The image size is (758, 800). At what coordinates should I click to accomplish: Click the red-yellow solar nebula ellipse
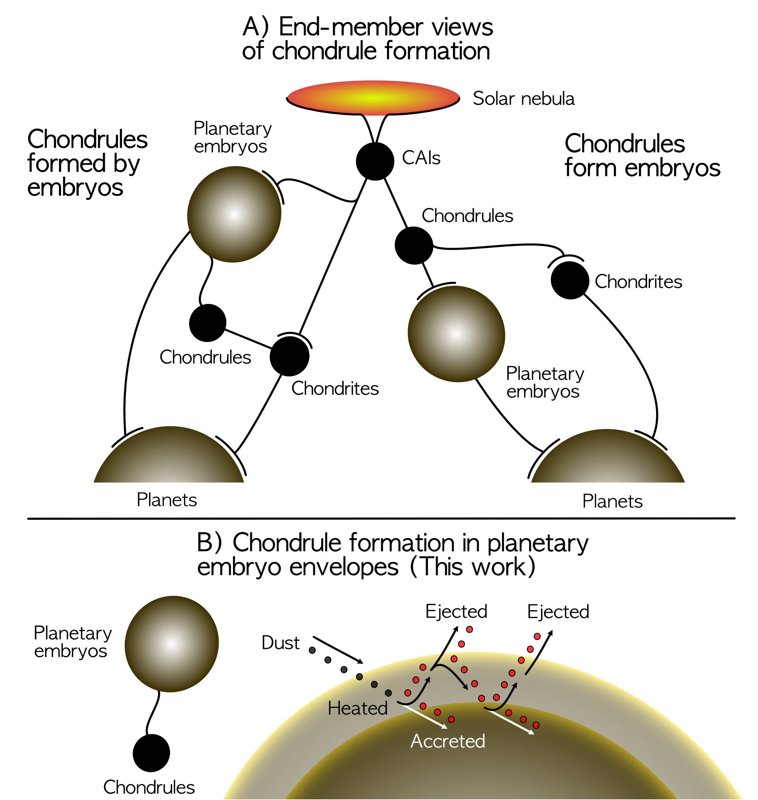pos(373,98)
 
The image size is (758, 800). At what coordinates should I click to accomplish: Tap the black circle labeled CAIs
pos(375,161)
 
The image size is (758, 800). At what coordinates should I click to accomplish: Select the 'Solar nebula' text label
pos(523,99)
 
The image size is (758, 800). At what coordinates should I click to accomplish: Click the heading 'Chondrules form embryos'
pos(642,156)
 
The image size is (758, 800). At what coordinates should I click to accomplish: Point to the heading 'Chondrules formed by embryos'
pos(87,163)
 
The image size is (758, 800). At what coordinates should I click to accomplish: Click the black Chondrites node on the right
pos(570,280)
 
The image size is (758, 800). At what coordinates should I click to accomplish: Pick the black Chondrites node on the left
pos(289,356)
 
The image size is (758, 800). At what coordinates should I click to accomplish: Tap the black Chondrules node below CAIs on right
pos(414,245)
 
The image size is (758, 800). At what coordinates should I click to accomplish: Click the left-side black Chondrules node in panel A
pos(208,323)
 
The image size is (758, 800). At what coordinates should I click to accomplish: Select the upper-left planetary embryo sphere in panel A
pos(234,214)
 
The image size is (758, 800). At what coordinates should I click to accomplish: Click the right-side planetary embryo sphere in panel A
pos(456,334)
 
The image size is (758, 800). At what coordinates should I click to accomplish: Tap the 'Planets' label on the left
pos(166,500)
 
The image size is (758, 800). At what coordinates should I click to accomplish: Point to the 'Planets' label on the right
pos(612,501)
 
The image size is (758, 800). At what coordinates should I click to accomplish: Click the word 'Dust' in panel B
pos(280,643)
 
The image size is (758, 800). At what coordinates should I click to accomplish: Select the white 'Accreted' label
pos(448,741)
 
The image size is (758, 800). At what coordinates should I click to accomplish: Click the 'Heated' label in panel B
pos(358,708)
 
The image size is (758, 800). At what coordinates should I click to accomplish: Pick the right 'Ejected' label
pos(558,612)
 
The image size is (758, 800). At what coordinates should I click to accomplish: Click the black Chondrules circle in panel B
pos(151,753)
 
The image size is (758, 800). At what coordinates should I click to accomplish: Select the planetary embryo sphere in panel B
pos(172,644)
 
